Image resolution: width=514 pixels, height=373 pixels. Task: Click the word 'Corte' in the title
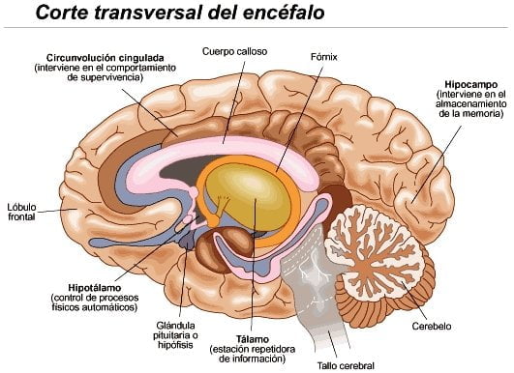(x=40, y=14)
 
